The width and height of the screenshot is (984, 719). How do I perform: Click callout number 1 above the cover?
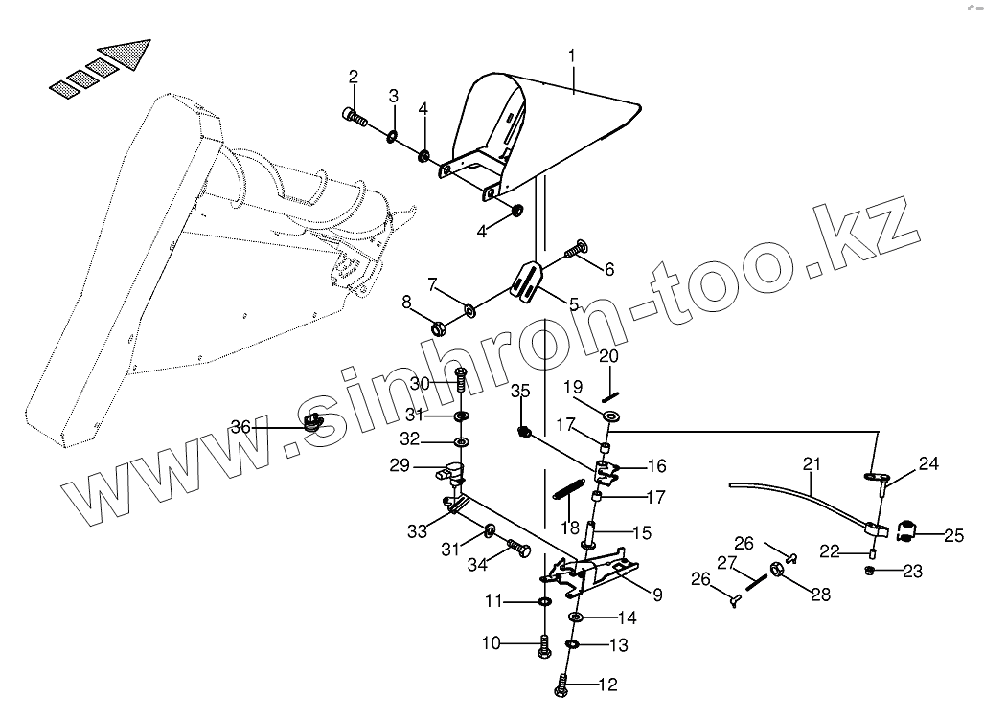click(572, 56)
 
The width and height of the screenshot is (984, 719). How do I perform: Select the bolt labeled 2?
click(355, 118)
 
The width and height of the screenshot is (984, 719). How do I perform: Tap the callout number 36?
click(240, 427)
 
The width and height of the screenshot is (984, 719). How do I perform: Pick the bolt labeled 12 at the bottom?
click(562, 685)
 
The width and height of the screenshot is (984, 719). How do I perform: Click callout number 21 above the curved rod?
click(812, 464)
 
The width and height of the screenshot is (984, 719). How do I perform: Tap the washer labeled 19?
click(609, 416)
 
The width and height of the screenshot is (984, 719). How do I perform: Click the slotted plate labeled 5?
click(528, 280)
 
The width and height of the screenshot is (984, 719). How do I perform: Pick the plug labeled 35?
click(524, 432)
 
